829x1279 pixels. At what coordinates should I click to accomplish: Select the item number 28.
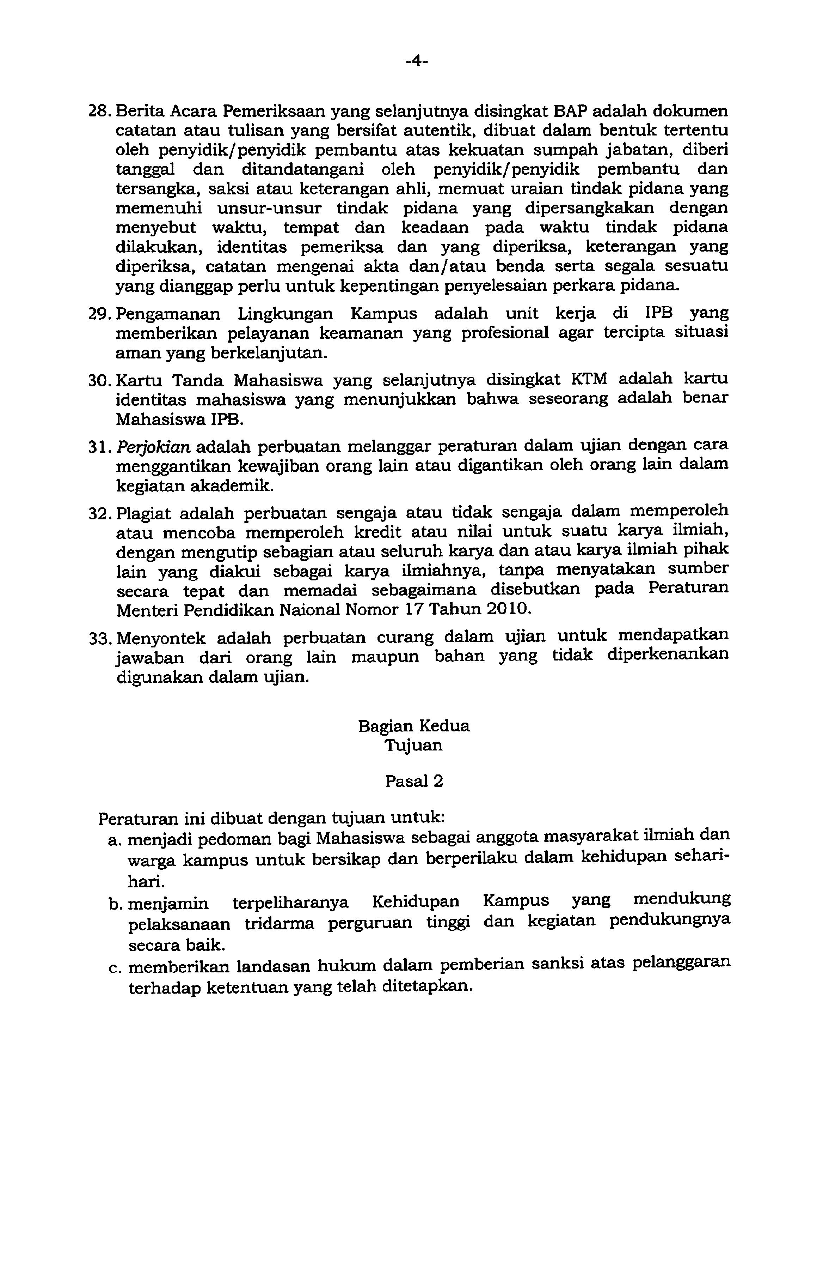100,112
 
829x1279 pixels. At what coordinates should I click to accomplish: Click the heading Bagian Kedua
413,726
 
